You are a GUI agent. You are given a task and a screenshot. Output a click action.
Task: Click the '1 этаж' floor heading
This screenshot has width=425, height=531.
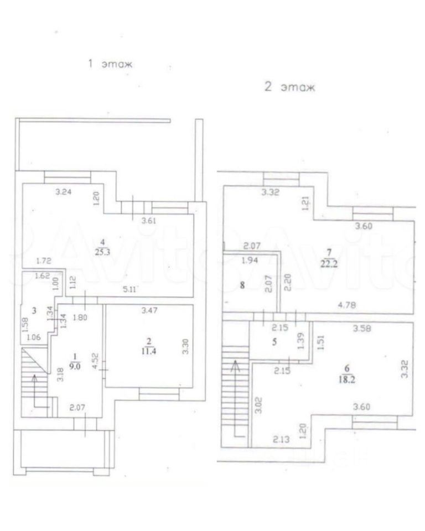click(x=111, y=64)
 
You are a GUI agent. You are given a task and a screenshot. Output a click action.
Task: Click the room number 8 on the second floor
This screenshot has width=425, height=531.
click(x=241, y=287)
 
